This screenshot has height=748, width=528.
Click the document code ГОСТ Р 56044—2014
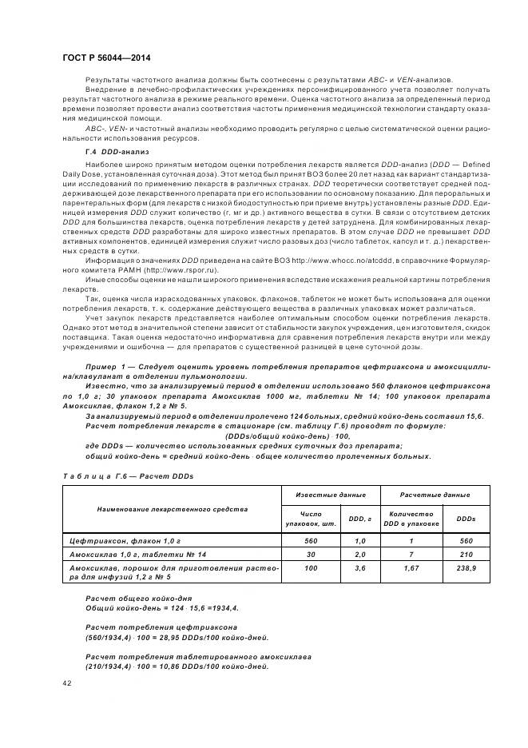pos(106,58)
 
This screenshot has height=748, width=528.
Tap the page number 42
pos(66,682)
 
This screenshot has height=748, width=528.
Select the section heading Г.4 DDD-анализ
pos(117,151)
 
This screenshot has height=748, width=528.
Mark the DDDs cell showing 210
pos(466,553)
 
